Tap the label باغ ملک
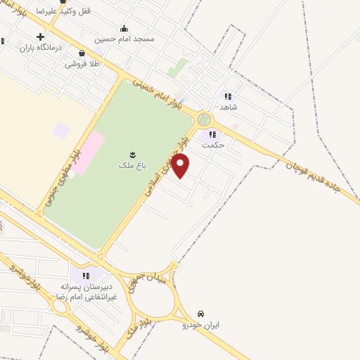click(131, 165)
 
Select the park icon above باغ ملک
click(131, 154)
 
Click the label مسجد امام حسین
click(124, 39)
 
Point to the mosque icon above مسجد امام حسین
click(124, 29)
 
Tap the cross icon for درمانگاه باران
click(41, 37)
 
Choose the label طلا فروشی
click(83, 63)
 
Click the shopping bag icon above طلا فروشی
click(82, 53)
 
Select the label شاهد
click(229, 107)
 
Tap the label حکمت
click(212, 145)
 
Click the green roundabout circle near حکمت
click(204, 119)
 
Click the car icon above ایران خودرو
click(201, 314)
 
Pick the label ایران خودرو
click(201, 325)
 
